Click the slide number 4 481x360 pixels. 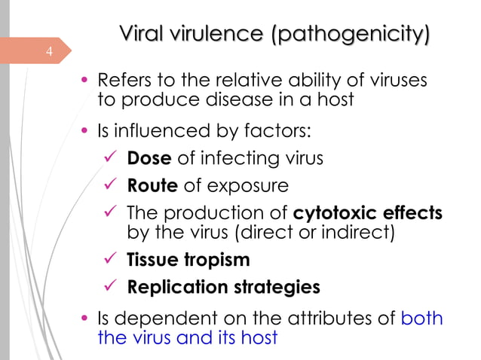click(x=48, y=51)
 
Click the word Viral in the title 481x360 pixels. click(x=144, y=34)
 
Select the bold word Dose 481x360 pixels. click(x=149, y=158)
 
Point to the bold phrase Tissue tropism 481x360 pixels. click(x=188, y=260)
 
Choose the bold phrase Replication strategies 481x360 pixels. click(x=224, y=287)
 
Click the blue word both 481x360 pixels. click(x=422, y=318)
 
